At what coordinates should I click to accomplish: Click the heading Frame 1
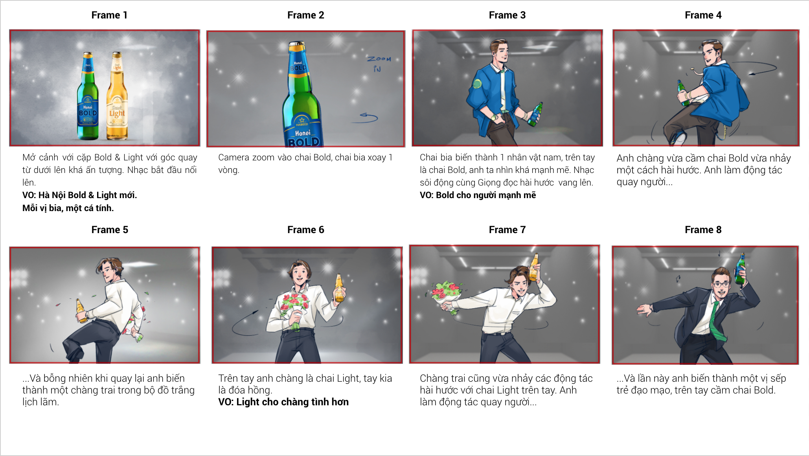point(109,15)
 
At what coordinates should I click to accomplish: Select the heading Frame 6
point(305,230)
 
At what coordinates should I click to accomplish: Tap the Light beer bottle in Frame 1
point(117,96)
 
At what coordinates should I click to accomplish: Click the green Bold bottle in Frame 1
point(88,96)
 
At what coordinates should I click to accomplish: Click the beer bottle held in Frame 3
point(535,114)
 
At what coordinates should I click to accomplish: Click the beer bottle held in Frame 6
point(339,288)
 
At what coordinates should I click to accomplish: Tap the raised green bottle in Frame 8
point(741,269)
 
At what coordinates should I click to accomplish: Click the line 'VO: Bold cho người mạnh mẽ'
point(478,195)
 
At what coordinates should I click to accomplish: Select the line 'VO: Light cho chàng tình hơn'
point(283,402)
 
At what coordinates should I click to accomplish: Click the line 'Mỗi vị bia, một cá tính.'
point(68,208)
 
